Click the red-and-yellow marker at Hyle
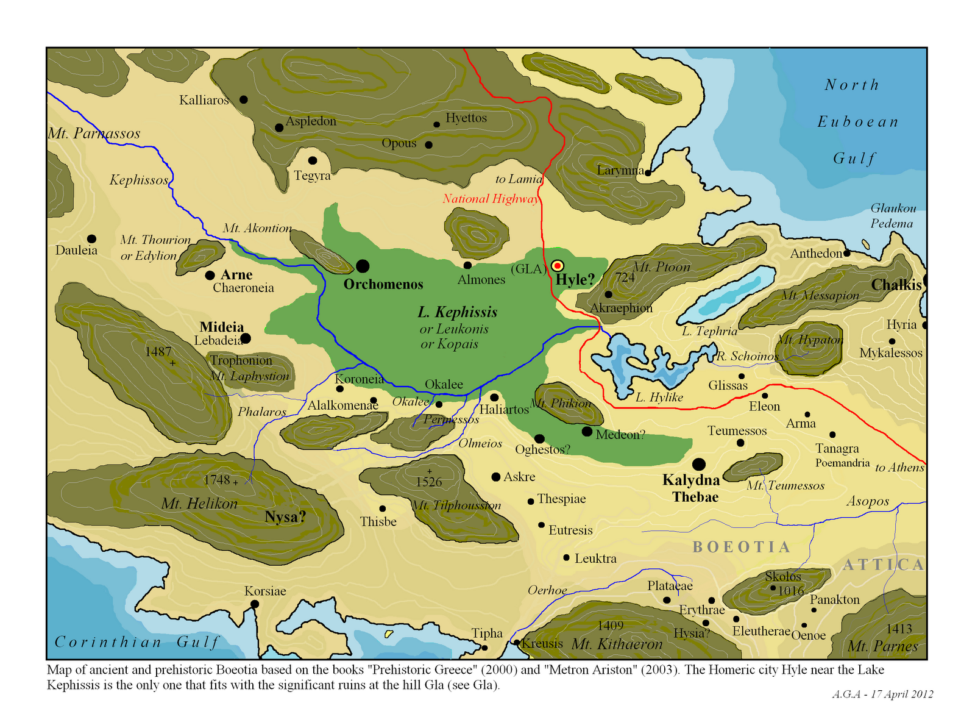click(x=557, y=266)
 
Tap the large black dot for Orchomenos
click(x=363, y=266)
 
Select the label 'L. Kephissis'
click(x=457, y=312)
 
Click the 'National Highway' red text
click(x=491, y=199)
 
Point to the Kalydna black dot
click(x=699, y=464)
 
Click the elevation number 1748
click(x=217, y=480)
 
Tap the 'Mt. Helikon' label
click(x=199, y=504)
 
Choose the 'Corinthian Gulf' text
click(x=136, y=642)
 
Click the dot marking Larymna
click(x=648, y=173)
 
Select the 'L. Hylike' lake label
click(x=659, y=398)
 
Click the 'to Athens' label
click(x=899, y=468)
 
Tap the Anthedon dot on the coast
click(x=847, y=252)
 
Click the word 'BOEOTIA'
click(x=741, y=547)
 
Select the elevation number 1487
click(x=158, y=352)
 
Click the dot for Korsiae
click(x=255, y=604)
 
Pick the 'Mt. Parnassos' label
click(x=94, y=134)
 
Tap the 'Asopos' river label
click(x=868, y=502)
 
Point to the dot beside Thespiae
click(x=531, y=501)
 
